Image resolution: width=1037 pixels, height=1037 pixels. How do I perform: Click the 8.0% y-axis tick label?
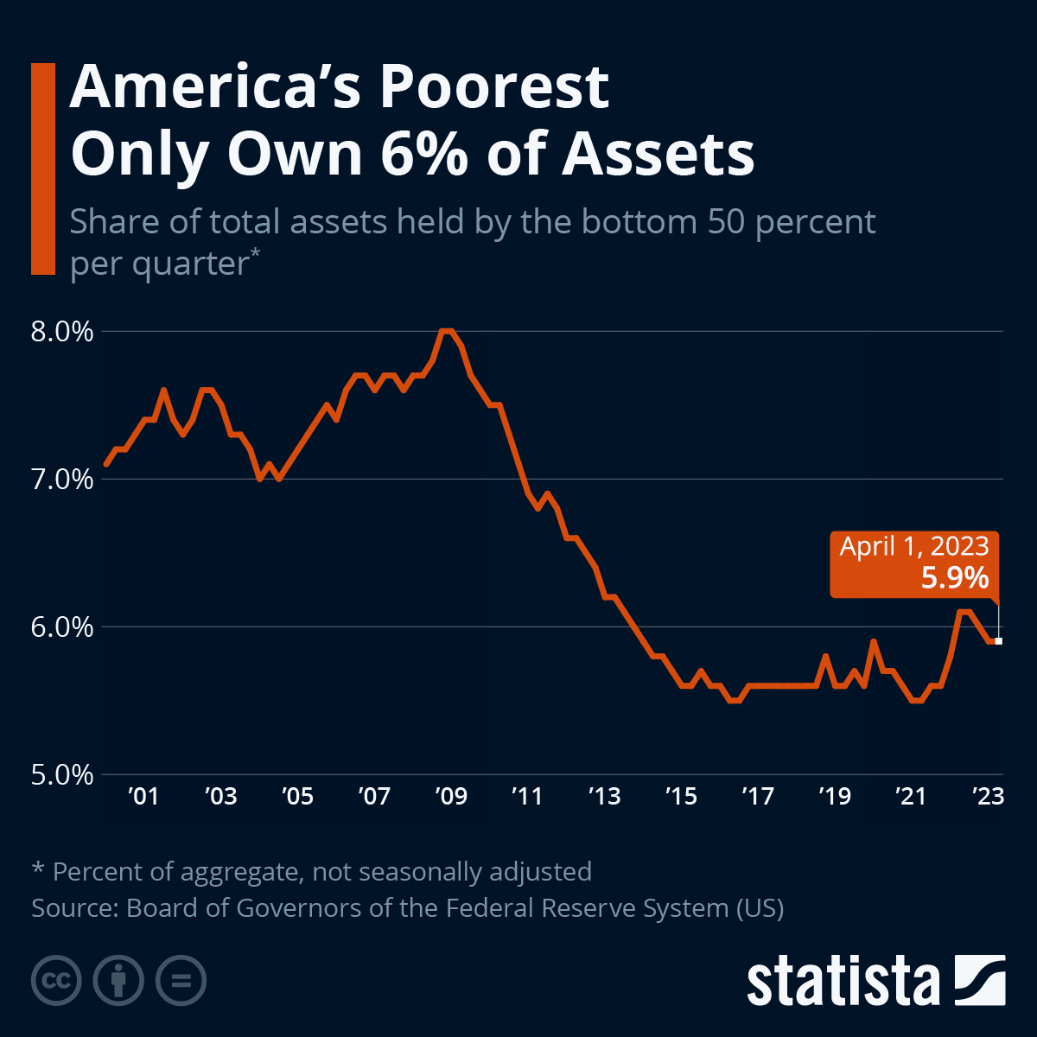coord(61,332)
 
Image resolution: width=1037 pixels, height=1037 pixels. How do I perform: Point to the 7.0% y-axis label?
coord(61,480)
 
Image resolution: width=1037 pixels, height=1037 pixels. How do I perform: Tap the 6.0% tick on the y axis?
coord(61,627)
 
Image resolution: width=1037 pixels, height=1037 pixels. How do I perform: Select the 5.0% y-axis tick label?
coord(61,775)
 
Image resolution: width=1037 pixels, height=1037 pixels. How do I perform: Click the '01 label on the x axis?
coord(143,796)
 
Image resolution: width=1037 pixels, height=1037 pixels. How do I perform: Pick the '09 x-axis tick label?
coord(451,796)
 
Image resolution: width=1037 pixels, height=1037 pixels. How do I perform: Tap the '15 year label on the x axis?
coord(681,796)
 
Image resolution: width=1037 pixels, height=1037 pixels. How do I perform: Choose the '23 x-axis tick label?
coord(988,796)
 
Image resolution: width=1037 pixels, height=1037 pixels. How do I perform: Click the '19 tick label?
coord(835,796)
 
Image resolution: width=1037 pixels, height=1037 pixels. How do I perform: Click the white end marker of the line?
coord(999,640)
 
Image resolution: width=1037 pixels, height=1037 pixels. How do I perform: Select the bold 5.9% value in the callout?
coord(954,577)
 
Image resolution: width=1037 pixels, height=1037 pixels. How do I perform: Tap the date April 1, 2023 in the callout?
coord(914,546)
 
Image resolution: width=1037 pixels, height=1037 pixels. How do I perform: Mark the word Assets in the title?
coord(658,154)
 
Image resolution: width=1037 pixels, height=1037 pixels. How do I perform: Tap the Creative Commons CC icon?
coord(56,981)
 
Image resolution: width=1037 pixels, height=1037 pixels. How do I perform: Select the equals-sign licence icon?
coord(181,981)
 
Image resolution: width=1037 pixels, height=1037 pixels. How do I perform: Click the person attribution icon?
coord(118,981)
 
